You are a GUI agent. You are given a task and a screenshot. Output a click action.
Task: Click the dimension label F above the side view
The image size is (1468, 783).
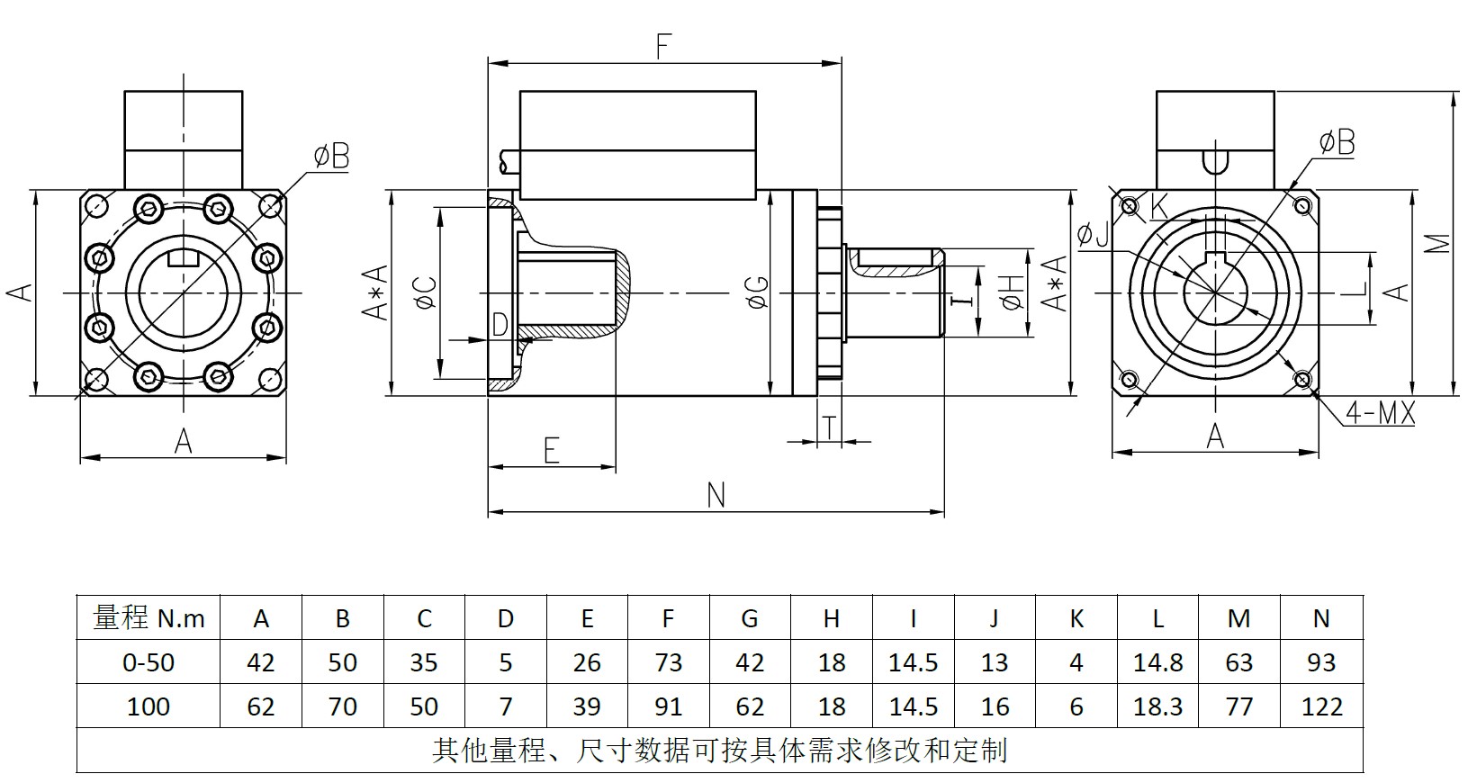point(663,47)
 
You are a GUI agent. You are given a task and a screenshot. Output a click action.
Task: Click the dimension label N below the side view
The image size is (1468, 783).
point(716,496)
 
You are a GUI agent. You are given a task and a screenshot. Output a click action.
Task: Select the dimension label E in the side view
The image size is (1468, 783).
point(552,450)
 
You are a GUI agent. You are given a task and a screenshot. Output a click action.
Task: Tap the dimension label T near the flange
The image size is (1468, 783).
point(829,429)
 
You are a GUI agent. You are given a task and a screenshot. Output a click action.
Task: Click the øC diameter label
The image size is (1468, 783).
point(425,292)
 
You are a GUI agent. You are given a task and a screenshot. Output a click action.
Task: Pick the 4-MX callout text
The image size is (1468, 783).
point(1380,414)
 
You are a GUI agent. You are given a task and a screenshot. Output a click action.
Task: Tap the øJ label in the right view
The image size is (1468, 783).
point(1093,236)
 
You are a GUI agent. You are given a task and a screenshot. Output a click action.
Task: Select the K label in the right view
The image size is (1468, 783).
point(1158,206)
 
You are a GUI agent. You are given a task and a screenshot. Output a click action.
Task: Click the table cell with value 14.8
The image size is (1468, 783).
point(1157,662)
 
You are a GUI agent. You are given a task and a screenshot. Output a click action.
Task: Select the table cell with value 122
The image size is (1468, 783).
point(1321,706)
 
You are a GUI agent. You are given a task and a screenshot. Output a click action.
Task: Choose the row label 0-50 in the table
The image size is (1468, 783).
point(149,662)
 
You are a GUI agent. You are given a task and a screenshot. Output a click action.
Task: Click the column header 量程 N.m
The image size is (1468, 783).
point(149,618)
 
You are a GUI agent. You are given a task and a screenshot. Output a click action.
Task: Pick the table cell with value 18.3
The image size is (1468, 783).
point(1157,706)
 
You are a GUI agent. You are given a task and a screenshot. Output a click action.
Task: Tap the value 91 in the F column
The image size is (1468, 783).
point(668,706)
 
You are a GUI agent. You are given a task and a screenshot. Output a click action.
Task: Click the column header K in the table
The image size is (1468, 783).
point(1076,618)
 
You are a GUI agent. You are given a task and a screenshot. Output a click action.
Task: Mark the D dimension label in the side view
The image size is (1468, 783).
point(500,325)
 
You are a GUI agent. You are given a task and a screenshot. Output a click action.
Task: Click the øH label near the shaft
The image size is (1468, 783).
point(1013,292)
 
